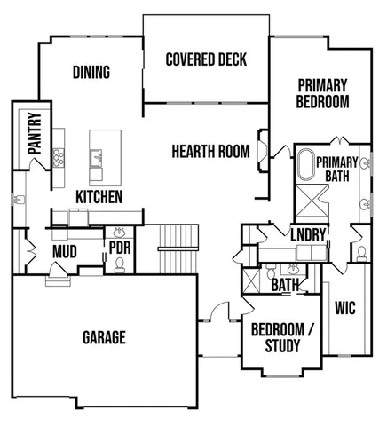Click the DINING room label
[91, 73]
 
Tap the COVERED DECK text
[206, 60]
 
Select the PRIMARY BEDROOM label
[322, 93]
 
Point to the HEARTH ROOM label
[210, 151]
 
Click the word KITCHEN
[99, 196]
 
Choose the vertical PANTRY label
[35, 133]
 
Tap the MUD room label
[64, 252]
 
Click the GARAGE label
[104, 337]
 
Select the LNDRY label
[309, 234]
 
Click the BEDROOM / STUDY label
[282, 337]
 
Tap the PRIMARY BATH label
[336, 169]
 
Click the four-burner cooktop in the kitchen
[59, 158]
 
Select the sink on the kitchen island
[94, 159]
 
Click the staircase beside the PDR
[167, 251]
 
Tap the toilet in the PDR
[119, 264]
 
